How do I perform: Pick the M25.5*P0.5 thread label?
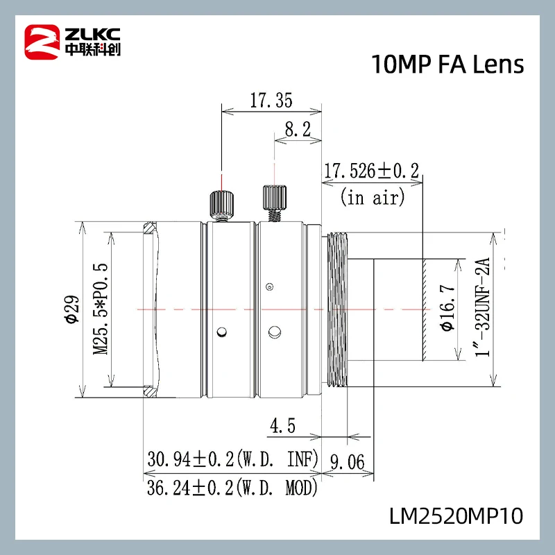pyautogui.click(x=101, y=309)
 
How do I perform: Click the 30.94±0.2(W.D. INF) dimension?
pyautogui.click(x=232, y=459)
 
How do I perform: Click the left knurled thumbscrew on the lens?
pyautogui.click(x=221, y=203)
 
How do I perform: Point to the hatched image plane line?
pyautogui.click(x=422, y=309)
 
